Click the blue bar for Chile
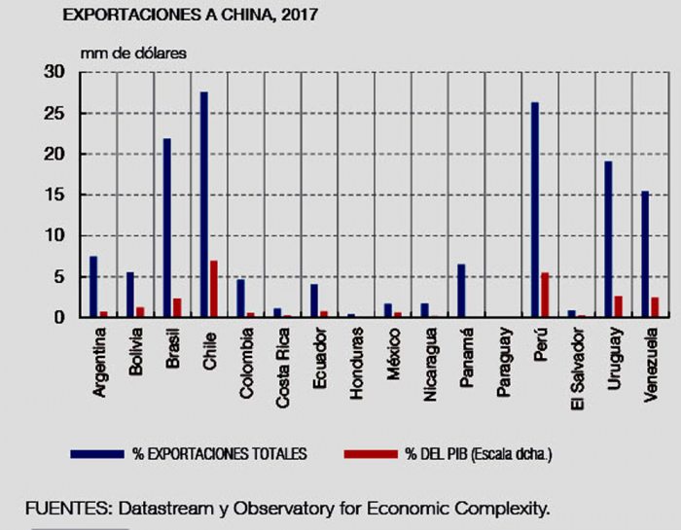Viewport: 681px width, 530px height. click(204, 204)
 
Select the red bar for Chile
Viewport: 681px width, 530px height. click(214, 289)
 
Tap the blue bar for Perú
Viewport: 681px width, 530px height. click(535, 210)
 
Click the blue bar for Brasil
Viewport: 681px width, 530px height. click(167, 228)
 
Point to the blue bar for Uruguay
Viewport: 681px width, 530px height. click(608, 239)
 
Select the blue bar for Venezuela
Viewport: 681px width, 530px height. click(645, 254)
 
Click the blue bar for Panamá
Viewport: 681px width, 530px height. click(461, 291)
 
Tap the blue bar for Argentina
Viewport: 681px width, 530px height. click(93, 287)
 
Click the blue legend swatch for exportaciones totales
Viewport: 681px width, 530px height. click(97, 454)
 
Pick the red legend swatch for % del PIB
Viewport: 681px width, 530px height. click(368, 454)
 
